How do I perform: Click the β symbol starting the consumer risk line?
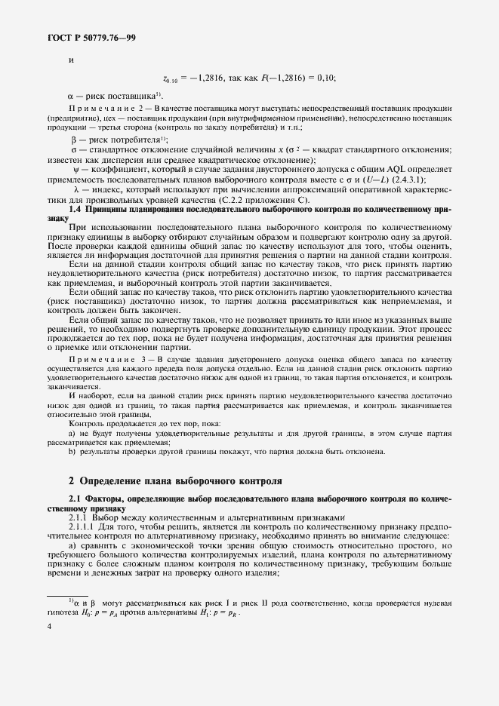click(x=74, y=140)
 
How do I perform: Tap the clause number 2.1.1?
click(x=79, y=517)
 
